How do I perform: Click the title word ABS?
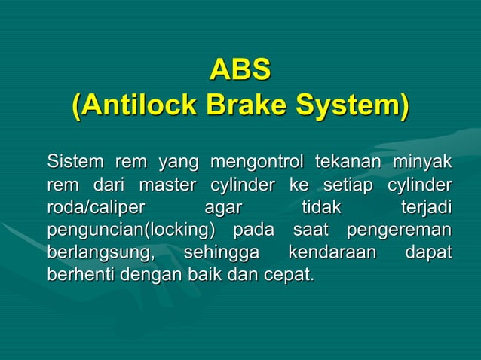(x=240, y=70)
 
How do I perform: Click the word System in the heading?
(x=348, y=105)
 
